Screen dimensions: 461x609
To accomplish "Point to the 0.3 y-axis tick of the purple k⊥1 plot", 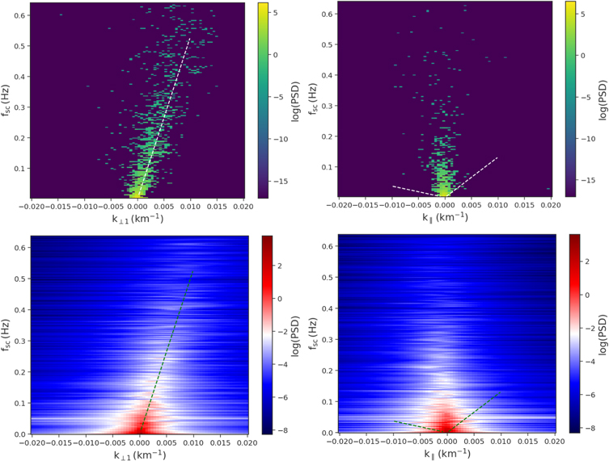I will point(20,107).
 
